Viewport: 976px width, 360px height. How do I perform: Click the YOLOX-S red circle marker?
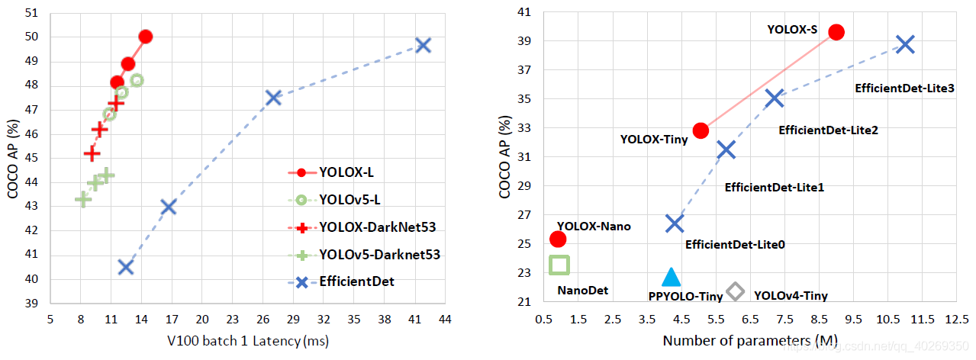click(x=836, y=31)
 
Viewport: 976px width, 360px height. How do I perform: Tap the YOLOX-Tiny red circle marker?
click(x=701, y=130)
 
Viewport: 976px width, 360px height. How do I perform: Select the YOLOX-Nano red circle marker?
click(x=558, y=239)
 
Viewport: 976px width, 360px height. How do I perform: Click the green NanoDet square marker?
click(x=559, y=265)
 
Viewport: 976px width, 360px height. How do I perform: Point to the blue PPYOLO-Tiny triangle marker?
click(x=671, y=278)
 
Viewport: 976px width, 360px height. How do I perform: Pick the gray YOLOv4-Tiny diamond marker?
click(x=736, y=291)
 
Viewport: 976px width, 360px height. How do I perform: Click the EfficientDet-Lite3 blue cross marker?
click(x=904, y=44)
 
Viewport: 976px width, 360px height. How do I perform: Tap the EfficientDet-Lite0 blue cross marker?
click(x=675, y=223)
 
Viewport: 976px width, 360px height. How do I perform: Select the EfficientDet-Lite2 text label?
click(x=828, y=130)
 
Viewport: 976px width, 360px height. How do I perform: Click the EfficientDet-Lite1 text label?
click(x=774, y=187)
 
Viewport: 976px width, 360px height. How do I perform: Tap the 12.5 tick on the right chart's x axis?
click(x=956, y=320)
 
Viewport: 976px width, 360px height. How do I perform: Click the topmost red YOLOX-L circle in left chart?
click(x=146, y=37)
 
